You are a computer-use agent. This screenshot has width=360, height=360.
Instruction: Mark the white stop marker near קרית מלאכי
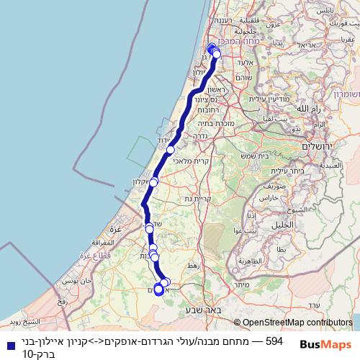(171, 149)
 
